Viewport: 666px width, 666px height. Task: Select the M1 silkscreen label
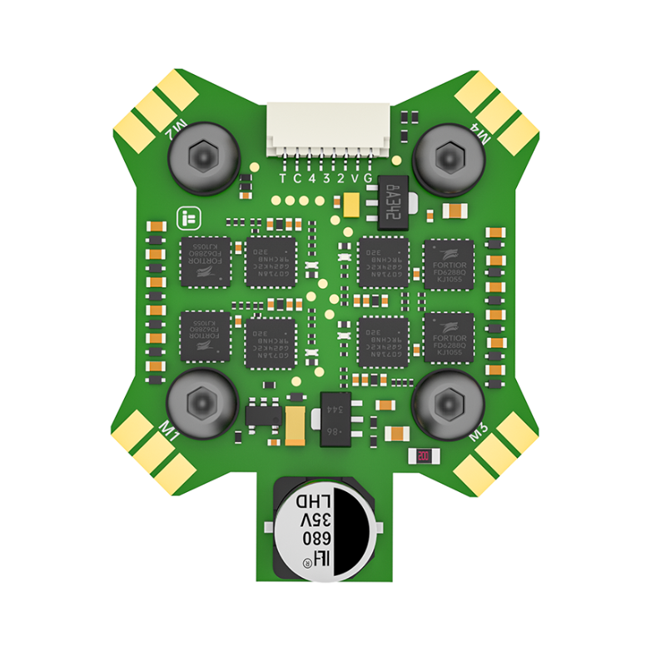pyautogui.click(x=169, y=433)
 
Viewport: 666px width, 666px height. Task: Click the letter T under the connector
pyautogui.click(x=283, y=178)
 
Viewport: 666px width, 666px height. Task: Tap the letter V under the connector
pyautogui.click(x=355, y=178)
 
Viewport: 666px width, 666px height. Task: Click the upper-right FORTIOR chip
pyautogui.click(x=449, y=262)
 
